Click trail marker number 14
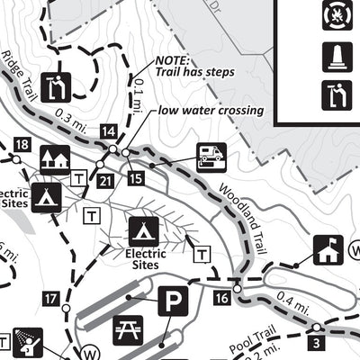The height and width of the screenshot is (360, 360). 109,131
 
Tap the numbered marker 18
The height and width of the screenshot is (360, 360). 22,145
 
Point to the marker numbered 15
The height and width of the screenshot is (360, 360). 136,178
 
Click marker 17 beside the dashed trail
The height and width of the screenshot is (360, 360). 50,298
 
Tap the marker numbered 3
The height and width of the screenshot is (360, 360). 316,342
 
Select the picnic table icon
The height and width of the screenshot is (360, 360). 128,329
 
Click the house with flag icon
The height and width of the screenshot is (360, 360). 327,250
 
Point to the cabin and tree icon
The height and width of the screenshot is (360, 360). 55,159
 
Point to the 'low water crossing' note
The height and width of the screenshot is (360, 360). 211,112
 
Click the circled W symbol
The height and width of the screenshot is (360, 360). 88,352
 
